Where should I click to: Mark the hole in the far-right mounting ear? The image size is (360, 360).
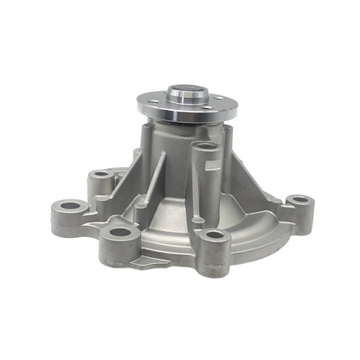(x=299, y=200)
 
